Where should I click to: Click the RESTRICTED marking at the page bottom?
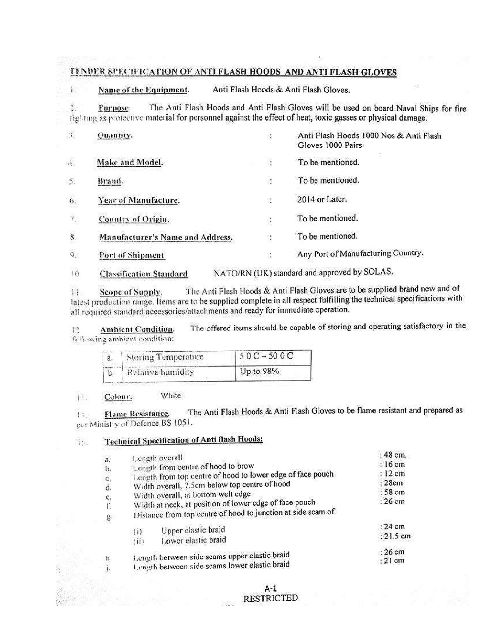(x=270, y=598)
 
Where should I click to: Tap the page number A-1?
(x=270, y=588)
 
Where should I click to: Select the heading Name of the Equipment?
(x=143, y=90)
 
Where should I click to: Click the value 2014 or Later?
(x=322, y=199)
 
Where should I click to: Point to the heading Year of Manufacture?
(x=139, y=200)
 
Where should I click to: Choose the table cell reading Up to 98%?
(x=260, y=371)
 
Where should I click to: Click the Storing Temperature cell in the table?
(x=165, y=357)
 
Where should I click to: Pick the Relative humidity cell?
(x=160, y=372)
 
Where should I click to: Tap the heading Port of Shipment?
(x=132, y=255)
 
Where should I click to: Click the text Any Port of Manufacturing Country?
(x=360, y=254)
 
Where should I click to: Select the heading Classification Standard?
(x=144, y=274)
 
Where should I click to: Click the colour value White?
(x=171, y=396)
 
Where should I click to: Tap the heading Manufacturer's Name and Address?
(x=166, y=237)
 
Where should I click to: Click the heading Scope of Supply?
(x=131, y=292)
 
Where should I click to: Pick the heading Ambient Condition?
(x=137, y=329)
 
